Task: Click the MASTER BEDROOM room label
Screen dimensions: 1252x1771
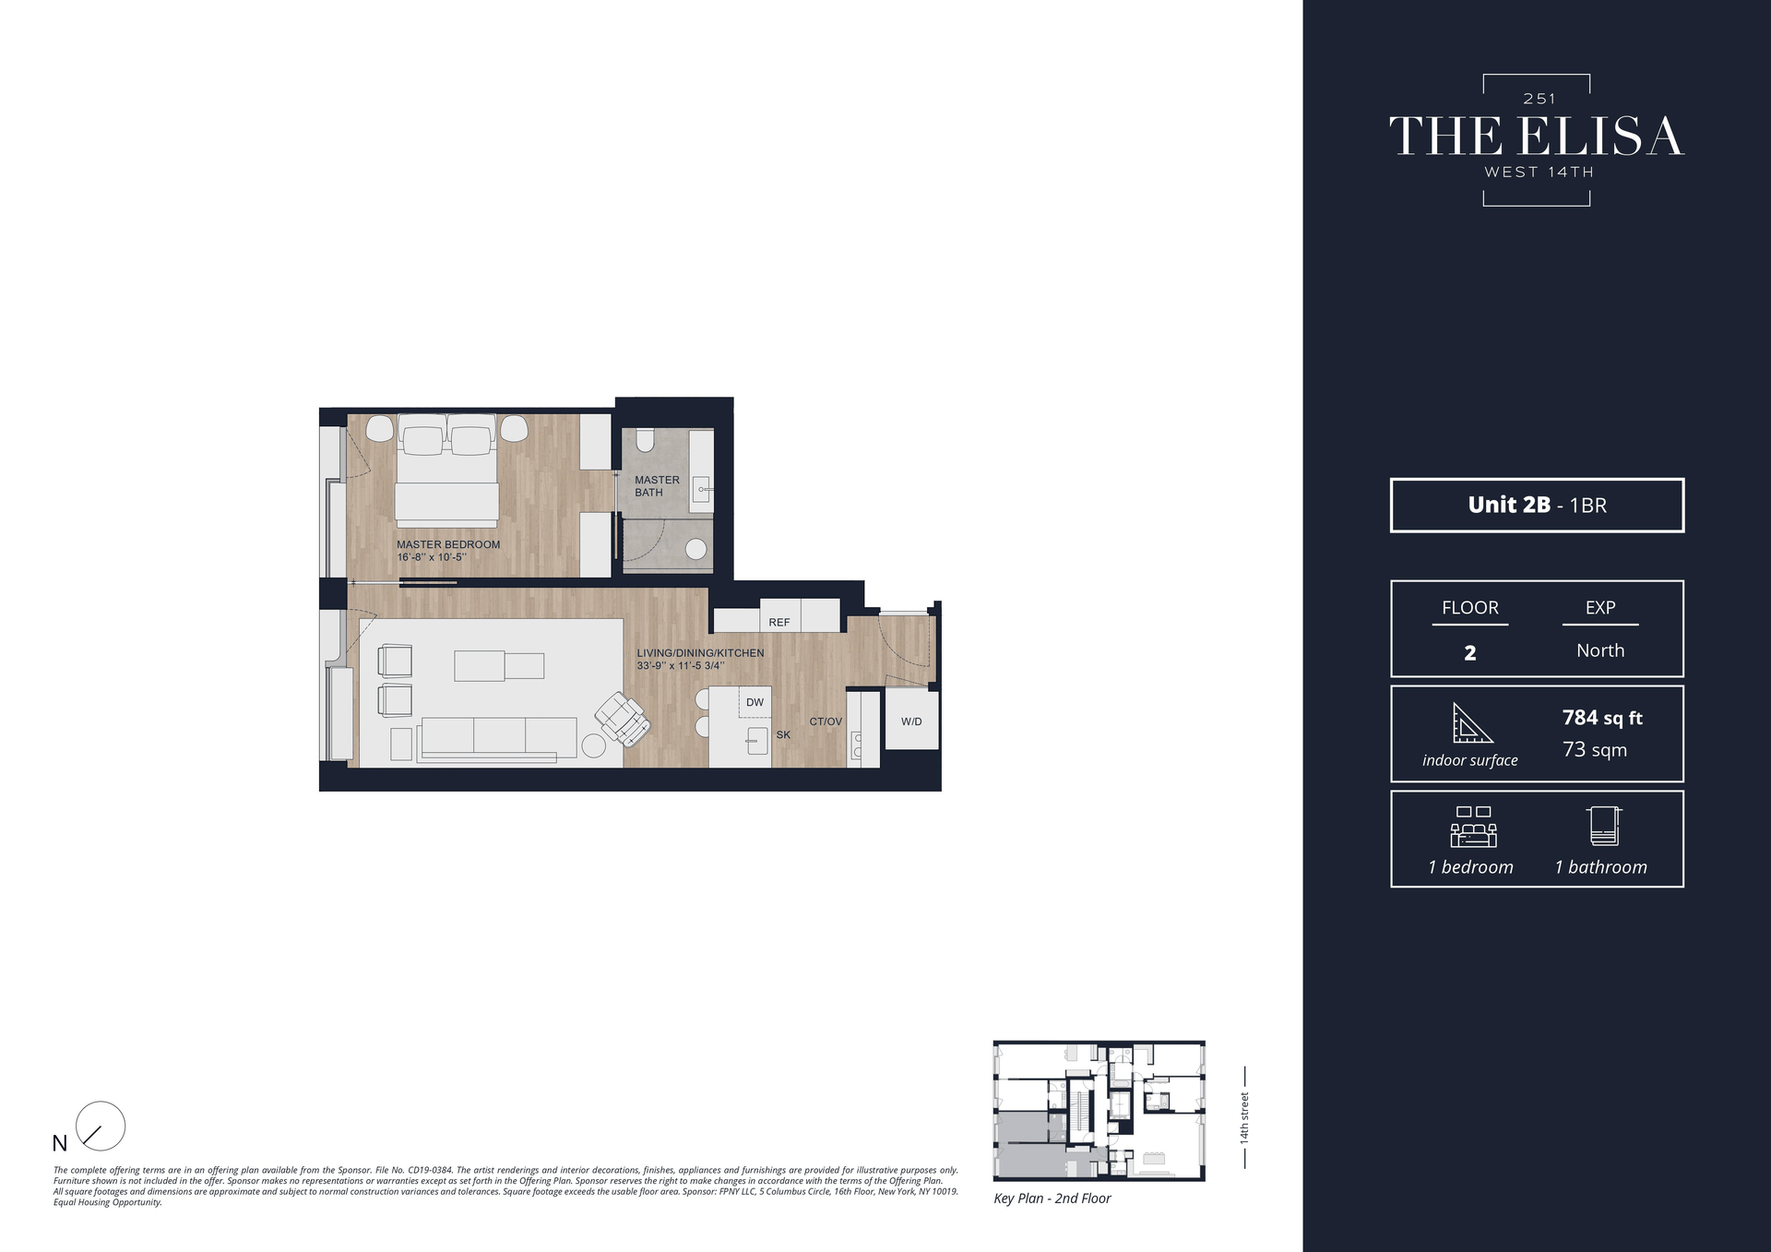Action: tap(448, 544)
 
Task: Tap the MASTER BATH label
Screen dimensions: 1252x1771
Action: tap(656, 486)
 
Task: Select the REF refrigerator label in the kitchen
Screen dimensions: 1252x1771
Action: tap(779, 623)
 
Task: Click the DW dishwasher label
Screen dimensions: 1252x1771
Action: tap(755, 703)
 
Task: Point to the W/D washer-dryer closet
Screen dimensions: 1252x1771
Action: tap(911, 721)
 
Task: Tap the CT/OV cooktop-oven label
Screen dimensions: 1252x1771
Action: tap(825, 721)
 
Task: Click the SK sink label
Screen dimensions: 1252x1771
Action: tap(783, 735)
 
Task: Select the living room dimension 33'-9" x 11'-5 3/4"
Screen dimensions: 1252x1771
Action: tap(680, 665)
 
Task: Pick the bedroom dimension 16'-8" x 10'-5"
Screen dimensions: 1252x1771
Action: tap(432, 557)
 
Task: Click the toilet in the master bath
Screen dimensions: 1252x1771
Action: tap(645, 440)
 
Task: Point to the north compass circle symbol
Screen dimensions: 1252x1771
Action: tap(100, 1126)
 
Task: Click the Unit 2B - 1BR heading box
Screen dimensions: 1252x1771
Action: tap(1537, 505)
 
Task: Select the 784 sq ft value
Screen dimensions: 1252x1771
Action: tap(1601, 718)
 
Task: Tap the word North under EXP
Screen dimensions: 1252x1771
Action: tap(1599, 650)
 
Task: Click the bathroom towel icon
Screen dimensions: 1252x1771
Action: tap(1604, 826)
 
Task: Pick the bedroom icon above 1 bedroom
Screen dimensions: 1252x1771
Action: tap(1473, 827)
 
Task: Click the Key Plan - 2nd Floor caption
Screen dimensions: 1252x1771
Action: tap(1052, 1198)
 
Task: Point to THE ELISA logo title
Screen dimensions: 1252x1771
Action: tap(1536, 137)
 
